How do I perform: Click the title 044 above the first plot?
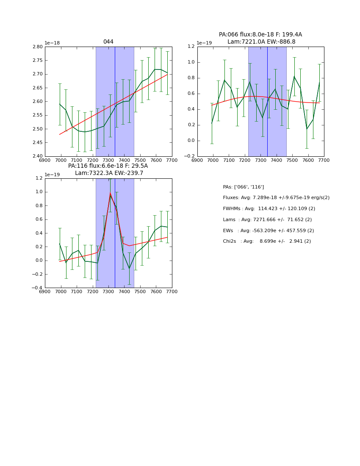pyautogui.click(x=108, y=42)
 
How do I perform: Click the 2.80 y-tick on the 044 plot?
pyautogui.click(x=38, y=47)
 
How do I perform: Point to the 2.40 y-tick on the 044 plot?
pyautogui.click(x=38, y=156)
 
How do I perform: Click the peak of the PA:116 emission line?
pyautogui.click(x=110, y=193)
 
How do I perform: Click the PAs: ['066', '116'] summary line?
pyautogui.click(x=244, y=187)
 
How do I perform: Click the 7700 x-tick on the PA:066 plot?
pyautogui.click(x=324, y=161)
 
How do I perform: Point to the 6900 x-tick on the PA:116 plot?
pyautogui.click(x=45, y=292)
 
